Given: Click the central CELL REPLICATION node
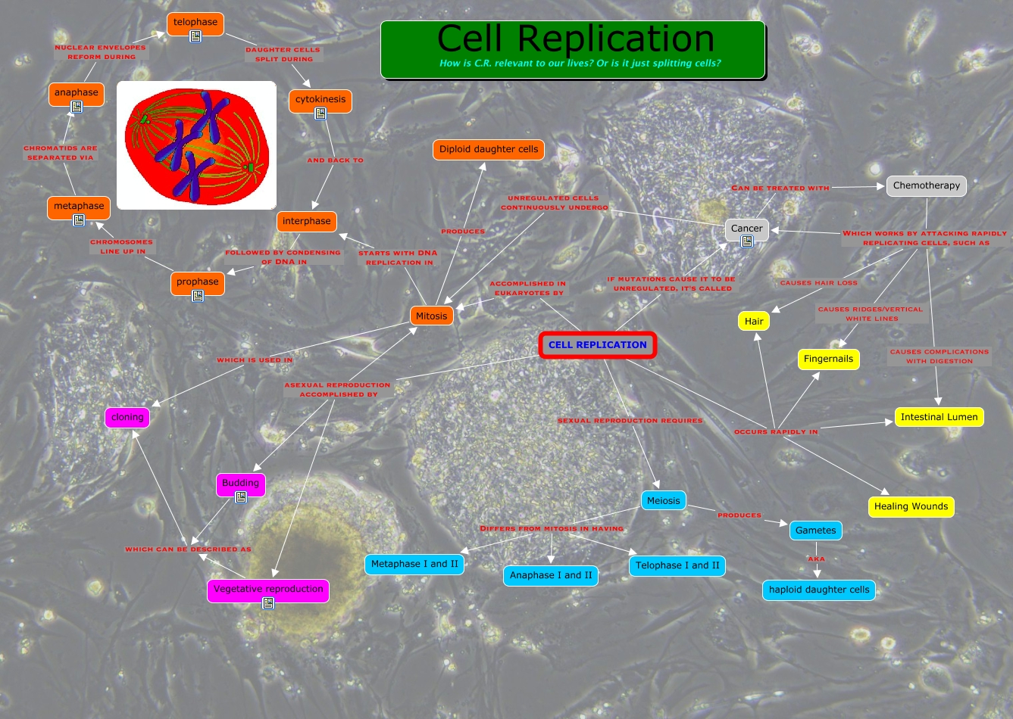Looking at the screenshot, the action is [x=597, y=345].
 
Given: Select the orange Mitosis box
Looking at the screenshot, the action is [x=432, y=316].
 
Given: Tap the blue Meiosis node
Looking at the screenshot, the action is [x=664, y=500].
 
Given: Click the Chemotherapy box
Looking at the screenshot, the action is [x=926, y=185].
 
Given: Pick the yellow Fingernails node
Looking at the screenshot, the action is [x=828, y=359].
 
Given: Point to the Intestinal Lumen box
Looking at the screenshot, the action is [x=939, y=417].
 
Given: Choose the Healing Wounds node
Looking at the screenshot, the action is [x=911, y=506].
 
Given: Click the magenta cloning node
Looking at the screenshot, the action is [x=127, y=417].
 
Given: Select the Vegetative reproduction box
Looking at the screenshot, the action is [x=268, y=589].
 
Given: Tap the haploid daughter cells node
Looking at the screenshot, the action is [x=819, y=590].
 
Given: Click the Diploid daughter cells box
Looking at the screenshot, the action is [x=489, y=149].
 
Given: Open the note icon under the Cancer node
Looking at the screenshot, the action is [x=747, y=241].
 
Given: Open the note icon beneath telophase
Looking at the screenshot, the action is [x=195, y=36].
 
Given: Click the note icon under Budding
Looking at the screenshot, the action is [x=241, y=497].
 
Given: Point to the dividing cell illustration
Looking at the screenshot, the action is [x=197, y=145].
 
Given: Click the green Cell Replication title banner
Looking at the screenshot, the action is [x=573, y=49].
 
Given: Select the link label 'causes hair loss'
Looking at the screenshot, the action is [x=818, y=283].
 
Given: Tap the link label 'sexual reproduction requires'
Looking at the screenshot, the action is [x=630, y=421].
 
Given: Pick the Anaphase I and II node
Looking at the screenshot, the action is [x=551, y=575].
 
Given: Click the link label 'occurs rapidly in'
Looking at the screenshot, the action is [x=776, y=432].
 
